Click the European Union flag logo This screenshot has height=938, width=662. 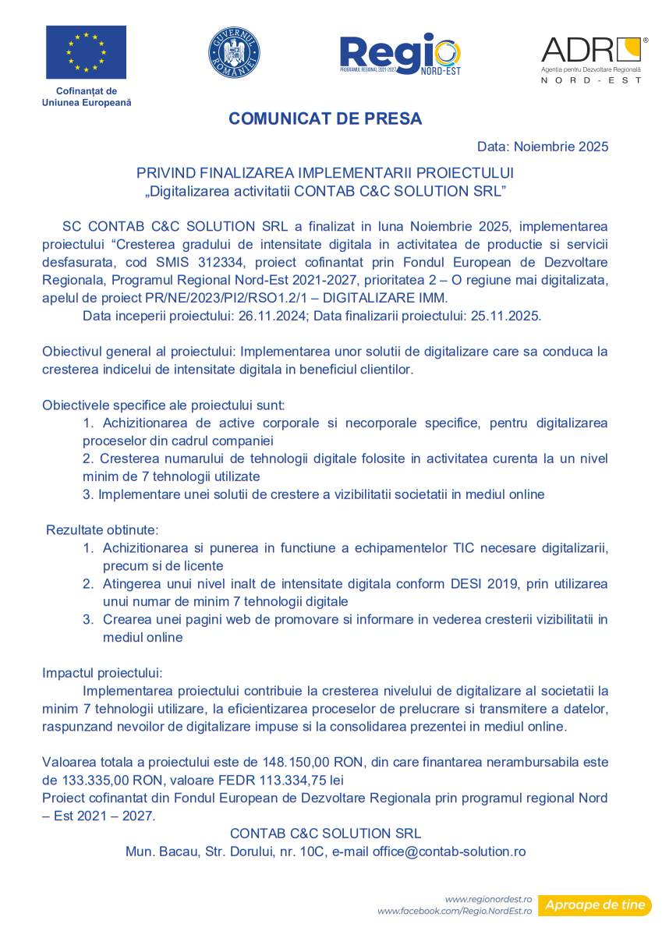coord(86,52)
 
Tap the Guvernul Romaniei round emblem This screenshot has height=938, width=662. coord(234,52)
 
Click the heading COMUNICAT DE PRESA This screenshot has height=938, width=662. coord(325,119)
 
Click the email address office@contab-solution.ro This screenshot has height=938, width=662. coord(449,851)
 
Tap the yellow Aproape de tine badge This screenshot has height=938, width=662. coord(595,904)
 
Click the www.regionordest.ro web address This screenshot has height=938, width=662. coord(488,899)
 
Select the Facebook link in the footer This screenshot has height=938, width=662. coord(455,911)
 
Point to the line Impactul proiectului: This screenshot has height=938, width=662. coord(102,672)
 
